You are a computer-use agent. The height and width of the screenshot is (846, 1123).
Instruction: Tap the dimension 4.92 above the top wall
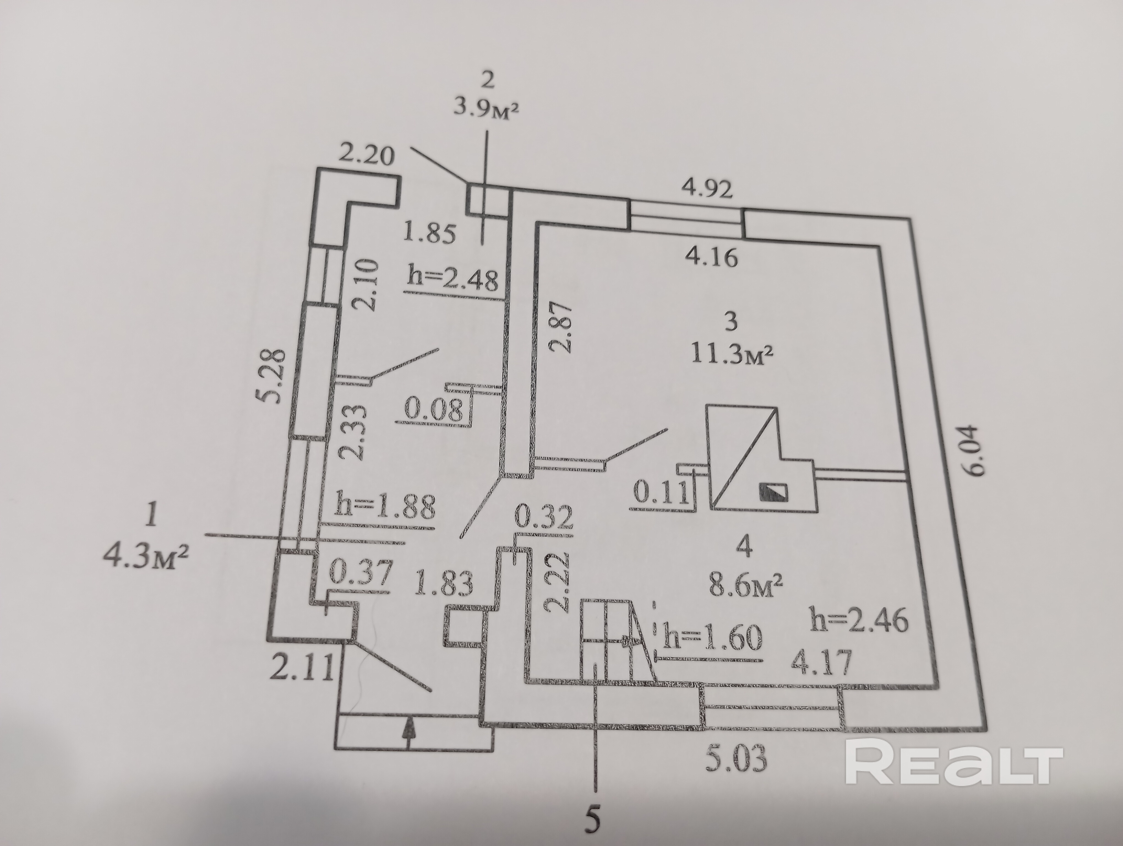(x=707, y=190)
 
